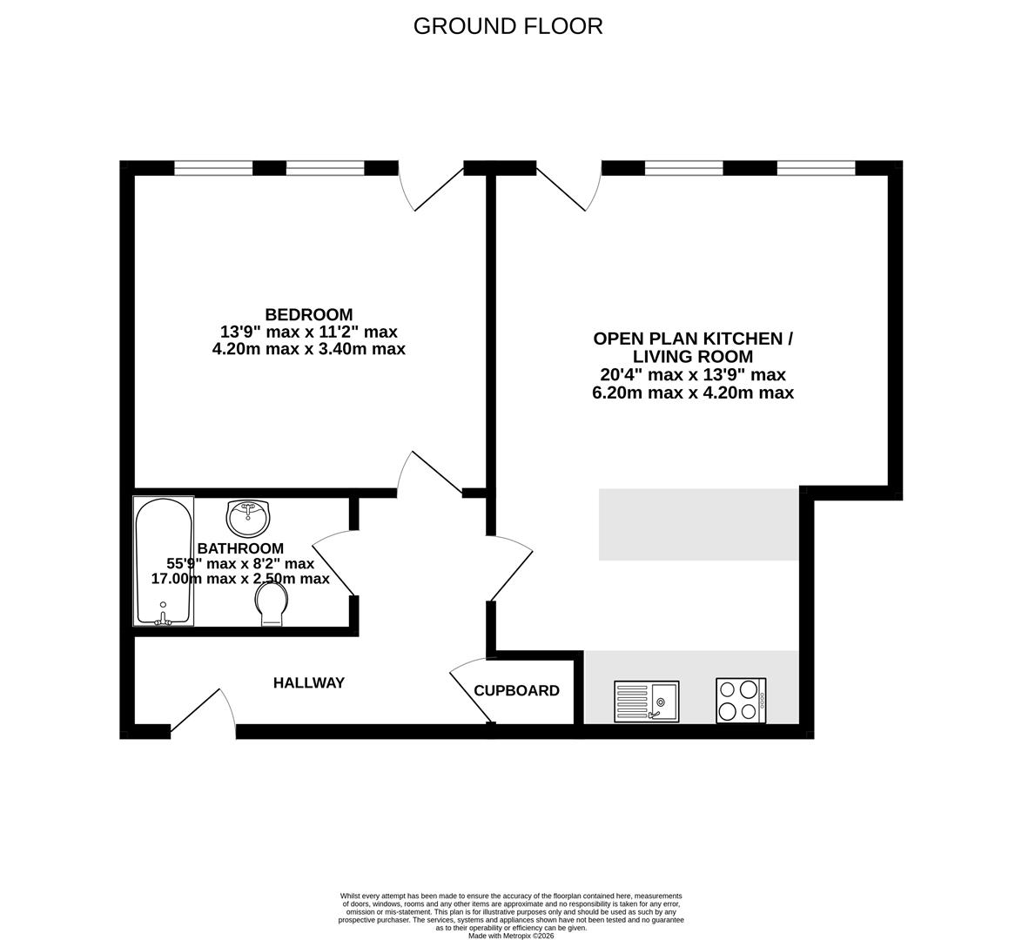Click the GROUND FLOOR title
click(508, 26)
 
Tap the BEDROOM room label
click(309, 314)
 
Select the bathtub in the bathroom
click(163, 561)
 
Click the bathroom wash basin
click(248, 518)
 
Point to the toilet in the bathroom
click(272, 603)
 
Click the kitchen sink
click(645, 701)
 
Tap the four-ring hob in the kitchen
click(741, 701)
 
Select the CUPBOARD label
click(516, 691)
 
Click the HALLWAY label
click(309, 683)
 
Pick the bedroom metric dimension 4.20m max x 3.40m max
click(309, 349)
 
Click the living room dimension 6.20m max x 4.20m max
click(692, 393)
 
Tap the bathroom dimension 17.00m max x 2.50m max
click(240, 579)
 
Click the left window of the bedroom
click(213, 168)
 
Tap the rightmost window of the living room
click(816, 168)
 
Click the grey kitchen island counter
click(698, 524)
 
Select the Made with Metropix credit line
click(511, 936)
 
